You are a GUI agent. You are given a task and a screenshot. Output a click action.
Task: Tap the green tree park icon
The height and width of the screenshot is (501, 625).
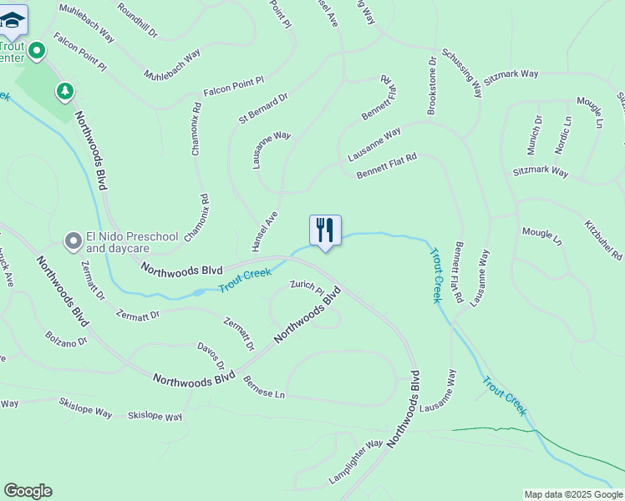coord(65,89)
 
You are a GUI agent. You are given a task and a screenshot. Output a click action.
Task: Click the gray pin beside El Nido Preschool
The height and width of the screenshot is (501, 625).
coord(73,242)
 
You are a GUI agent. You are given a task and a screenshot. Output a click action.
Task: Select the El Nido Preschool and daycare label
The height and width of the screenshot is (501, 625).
coord(132,242)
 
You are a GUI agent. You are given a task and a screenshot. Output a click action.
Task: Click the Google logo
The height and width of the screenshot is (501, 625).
coord(28,491)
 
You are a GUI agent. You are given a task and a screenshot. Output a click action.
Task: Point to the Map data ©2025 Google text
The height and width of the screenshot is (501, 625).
coord(572,494)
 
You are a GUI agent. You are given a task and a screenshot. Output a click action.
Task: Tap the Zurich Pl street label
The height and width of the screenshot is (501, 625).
coord(307,286)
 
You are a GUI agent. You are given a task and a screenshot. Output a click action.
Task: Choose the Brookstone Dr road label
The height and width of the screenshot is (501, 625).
coord(432,86)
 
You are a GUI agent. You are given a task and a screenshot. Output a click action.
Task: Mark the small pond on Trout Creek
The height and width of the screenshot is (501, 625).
coord(198,293)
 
